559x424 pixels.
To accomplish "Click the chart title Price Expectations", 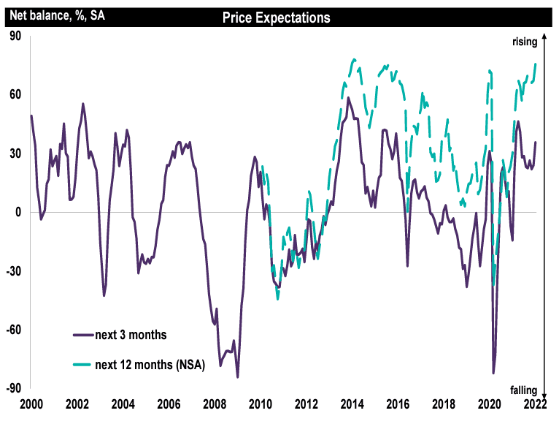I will [276, 18].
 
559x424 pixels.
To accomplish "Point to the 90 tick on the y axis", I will [14, 36].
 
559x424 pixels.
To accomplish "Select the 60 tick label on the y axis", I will [14, 94].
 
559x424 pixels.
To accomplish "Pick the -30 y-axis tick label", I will [12, 271].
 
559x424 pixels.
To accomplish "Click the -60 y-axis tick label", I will [12, 330].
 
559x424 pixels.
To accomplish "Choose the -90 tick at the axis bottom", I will [12, 388].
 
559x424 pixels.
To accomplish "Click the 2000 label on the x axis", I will [31, 404].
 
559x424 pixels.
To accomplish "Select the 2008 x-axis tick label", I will [214, 404].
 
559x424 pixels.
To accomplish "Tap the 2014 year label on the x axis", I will [352, 404].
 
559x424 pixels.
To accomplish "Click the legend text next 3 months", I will [131, 336].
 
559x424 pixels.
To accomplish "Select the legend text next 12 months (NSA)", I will [150, 365].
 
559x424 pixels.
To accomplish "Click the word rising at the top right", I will [524, 42].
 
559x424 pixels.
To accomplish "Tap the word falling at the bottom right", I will [524, 390].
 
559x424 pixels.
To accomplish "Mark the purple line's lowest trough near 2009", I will [237, 377].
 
